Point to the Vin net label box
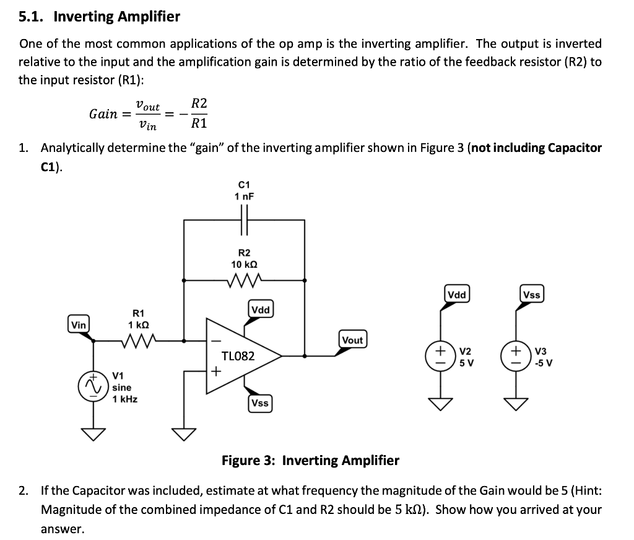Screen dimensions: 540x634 (x=79, y=324)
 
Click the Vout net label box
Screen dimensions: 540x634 (x=352, y=340)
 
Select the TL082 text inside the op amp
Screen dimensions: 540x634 (x=238, y=356)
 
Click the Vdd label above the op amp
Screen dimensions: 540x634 (x=261, y=309)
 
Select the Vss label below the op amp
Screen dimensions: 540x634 (x=259, y=403)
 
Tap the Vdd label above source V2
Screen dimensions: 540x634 (x=457, y=294)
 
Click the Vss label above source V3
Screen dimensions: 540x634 (x=532, y=295)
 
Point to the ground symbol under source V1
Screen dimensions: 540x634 (x=94, y=433)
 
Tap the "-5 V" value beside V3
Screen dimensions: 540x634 (x=543, y=363)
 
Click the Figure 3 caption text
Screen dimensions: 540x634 (x=310, y=461)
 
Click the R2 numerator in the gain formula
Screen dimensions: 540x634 (x=199, y=104)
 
